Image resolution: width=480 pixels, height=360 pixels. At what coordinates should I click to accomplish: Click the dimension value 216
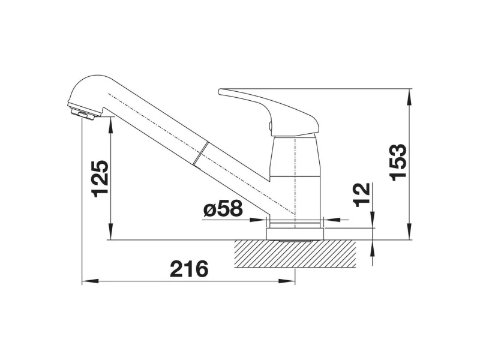pyautogui.click(x=189, y=269)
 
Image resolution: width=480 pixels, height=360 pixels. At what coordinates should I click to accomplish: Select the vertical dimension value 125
pyautogui.click(x=100, y=179)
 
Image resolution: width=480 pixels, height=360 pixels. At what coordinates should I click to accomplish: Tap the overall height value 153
pyautogui.click(x=398, y=162)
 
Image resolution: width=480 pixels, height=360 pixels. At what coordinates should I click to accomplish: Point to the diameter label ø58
pyautogui.click(x=223, y=209)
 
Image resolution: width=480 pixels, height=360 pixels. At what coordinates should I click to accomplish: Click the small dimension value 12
pyautogui.click(x=362, y=195)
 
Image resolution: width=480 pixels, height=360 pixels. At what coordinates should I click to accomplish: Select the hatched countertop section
pyautogui.click(x=295, y=253)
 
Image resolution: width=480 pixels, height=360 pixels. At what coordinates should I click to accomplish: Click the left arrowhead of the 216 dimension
pyautogui.click(x=91, y=281)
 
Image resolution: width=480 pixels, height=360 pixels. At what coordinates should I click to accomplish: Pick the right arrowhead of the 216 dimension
pyautogui.click(x=287, y=281)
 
